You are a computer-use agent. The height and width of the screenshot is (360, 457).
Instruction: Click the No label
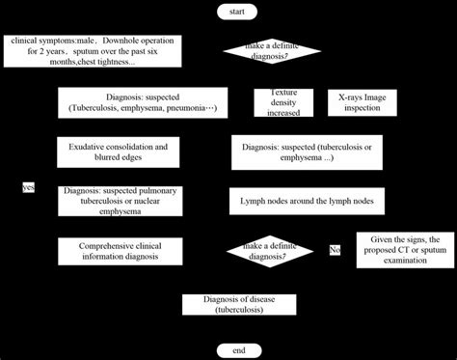pos(335,250)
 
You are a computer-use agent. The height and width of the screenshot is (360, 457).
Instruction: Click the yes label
pos(28,187)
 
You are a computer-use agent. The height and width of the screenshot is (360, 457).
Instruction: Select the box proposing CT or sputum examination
pos(405,251)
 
